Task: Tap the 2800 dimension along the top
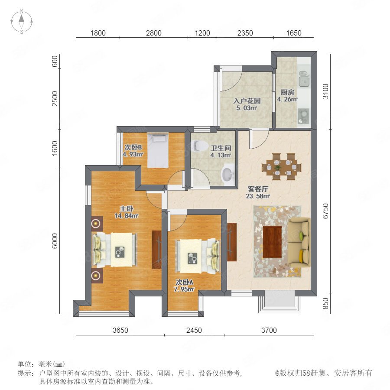coord(153,33)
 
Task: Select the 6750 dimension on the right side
coord(325,211)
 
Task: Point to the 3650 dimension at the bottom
coord(120,330)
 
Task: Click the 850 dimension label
coord(325,303)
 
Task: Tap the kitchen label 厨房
coord(287,93)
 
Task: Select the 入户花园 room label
coord(247,101)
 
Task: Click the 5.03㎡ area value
coord(247,108)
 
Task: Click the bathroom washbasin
coord(227,174)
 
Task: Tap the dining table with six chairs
coord(281,167)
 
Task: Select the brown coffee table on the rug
coord(273,241)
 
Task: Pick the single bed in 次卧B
coord(158,150)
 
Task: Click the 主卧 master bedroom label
coord(127,208)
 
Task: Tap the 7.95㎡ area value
coord(184,289)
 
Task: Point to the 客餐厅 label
coord(258,189)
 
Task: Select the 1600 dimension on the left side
coord(55,149)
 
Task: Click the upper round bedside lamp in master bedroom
coord(96,223)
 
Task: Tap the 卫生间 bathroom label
coord(221,148)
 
